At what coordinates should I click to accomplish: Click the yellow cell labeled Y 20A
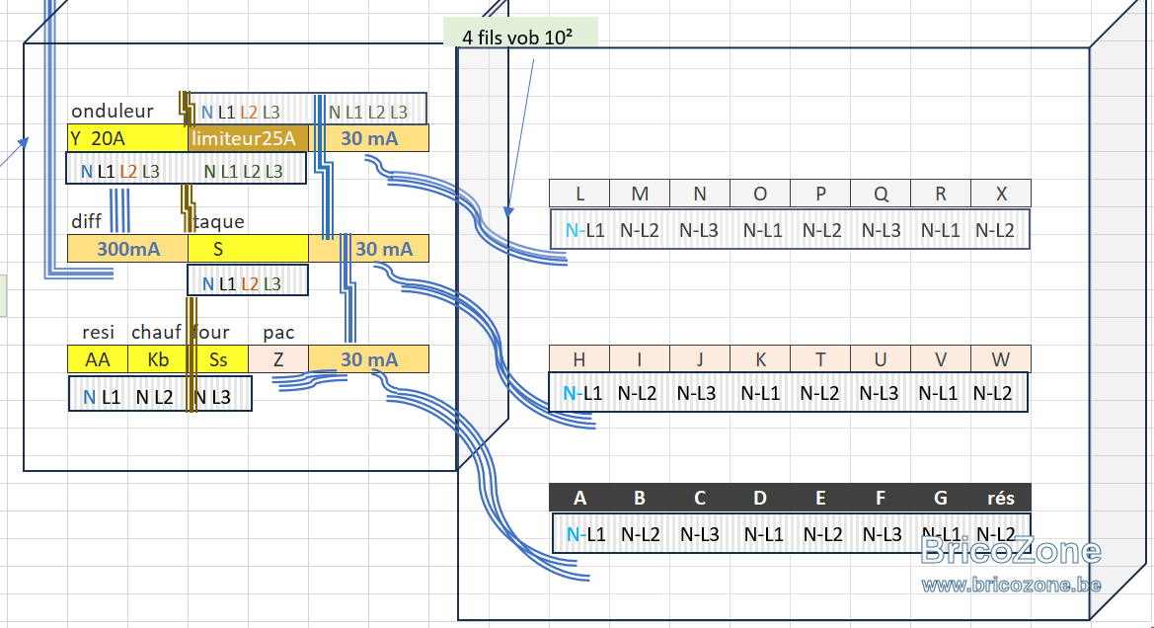coord(127,138)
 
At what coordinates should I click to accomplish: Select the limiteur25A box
coord(248,138)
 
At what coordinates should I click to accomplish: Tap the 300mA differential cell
coord(127,249)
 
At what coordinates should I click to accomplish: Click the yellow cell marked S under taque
coord(248,249)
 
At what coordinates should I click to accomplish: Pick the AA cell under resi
coord(97,359)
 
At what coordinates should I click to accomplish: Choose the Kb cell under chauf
coord(158,359)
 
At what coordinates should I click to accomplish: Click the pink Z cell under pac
coord(278,359)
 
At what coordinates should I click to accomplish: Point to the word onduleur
coord(113,112)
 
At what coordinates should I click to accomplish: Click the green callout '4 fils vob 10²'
coord(519,34)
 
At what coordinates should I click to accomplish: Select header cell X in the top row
coord(1001,194)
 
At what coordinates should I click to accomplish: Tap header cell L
coord(579,194)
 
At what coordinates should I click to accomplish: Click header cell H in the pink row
coord(579,359)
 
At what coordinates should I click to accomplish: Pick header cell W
coord(1001,359)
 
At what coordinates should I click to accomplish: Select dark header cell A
coord(579,498)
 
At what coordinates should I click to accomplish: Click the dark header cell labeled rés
coord(1001,498)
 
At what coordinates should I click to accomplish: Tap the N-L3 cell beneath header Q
coord(881,230)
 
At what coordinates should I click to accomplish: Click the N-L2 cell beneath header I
coord(638,393)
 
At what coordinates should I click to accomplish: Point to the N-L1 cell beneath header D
coord(763,534)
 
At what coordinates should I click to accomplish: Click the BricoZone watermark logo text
coord(1011,551)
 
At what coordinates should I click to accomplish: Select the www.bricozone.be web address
coord(1011,586)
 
